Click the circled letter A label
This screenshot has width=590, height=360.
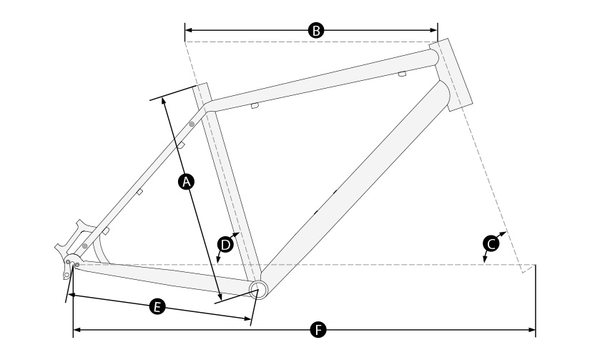pos(186,182)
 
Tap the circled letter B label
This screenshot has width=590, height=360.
pos(316,30)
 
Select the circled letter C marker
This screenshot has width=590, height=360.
pos(491,244)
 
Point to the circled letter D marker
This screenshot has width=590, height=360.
pos(225,245)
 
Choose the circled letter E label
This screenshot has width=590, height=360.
pos(157,306)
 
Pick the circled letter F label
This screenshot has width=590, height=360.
pos(318,330)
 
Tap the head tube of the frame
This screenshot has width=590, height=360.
pos(451,74)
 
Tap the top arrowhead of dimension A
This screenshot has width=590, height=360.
pos(163,101)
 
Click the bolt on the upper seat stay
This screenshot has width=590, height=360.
pos(192,124)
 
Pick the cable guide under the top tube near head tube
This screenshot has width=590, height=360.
pos(402,74)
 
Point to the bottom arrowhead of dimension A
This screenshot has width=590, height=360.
pos(220,296)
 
